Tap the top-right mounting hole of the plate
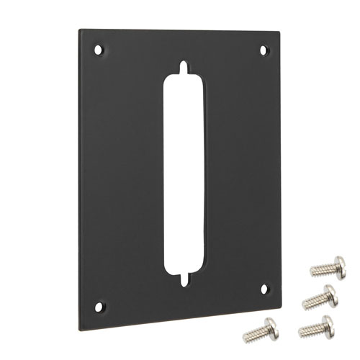(x=263, y=50)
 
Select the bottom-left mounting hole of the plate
(x=99, y=306)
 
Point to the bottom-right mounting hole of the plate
(x=264, y=288)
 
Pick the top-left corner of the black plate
(x=79, y=30)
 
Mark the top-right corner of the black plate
(x=279, y=31)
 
